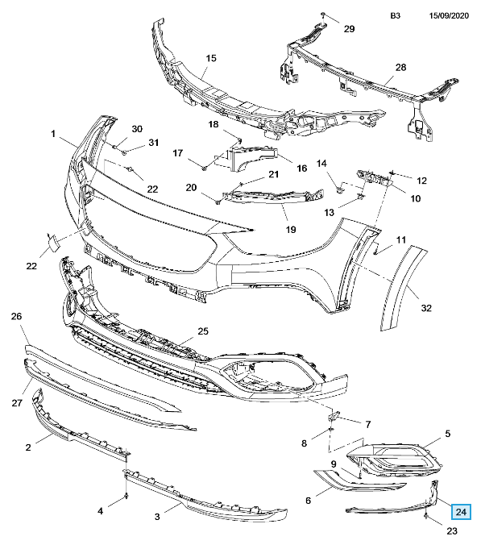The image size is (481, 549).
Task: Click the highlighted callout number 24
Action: (461, 512)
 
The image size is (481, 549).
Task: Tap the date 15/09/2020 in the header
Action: (449, 16)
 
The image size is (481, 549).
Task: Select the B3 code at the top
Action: (396, 16)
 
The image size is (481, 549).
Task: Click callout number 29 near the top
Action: (349, 29)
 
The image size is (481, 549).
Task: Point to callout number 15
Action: (211, 58)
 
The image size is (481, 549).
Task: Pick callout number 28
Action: (400, 67)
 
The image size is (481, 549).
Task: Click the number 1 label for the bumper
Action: (53, 134)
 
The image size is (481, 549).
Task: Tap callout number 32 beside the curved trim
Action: (426, 308)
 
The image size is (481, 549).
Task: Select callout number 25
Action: (203, 331)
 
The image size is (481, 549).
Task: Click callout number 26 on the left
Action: (16, 316)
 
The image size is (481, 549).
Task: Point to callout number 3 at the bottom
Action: (157, 517)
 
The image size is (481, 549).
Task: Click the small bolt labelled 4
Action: (126, 496)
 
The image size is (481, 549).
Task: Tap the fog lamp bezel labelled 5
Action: (395, 460)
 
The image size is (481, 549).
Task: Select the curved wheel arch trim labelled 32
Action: (403, 287)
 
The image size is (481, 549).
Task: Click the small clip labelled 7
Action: (333, 416)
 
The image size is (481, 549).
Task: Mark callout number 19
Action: (291, 229)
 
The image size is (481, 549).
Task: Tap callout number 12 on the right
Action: (422, 181)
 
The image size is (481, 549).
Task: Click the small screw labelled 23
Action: (427, 516)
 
